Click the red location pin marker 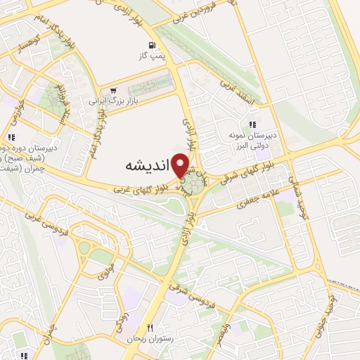[x=181, y=166]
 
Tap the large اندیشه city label [x=147, y=167]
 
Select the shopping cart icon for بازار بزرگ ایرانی [x=113, y=90]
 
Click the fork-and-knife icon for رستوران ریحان [x=150, y=328]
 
